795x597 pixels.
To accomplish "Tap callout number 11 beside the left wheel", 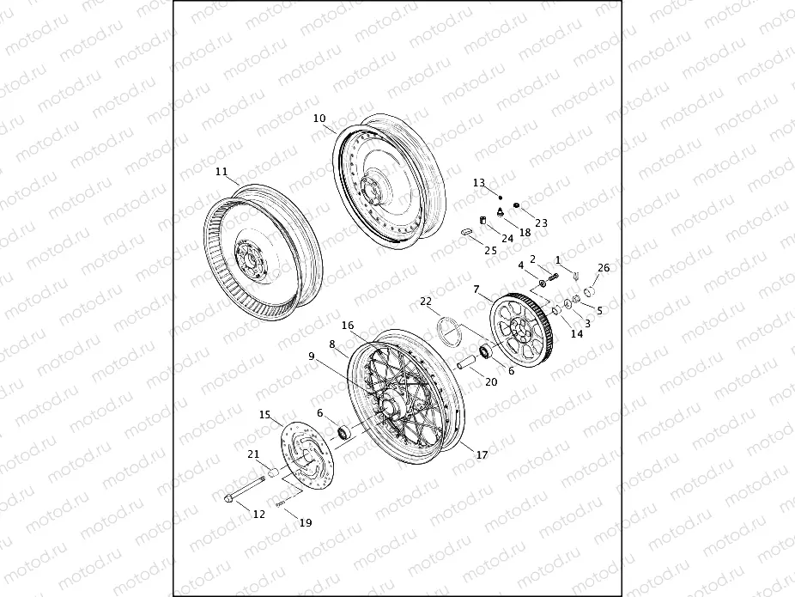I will [x=222, y=172].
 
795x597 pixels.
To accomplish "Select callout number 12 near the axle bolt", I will [x=258, y=513].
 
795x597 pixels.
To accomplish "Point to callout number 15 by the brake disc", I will [x=265, y=415].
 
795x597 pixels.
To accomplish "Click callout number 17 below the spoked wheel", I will [x=482, y=454].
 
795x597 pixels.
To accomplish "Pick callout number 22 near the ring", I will [x=426, y=302].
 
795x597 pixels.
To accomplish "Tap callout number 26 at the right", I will [x=604, y=268].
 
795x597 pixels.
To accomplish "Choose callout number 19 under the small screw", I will [x=306, y=522].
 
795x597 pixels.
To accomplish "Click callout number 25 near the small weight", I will [x=490, y=250].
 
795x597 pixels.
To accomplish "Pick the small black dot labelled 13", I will [x=500, y=196].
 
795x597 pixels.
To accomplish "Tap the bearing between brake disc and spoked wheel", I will [x=344, y=430].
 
